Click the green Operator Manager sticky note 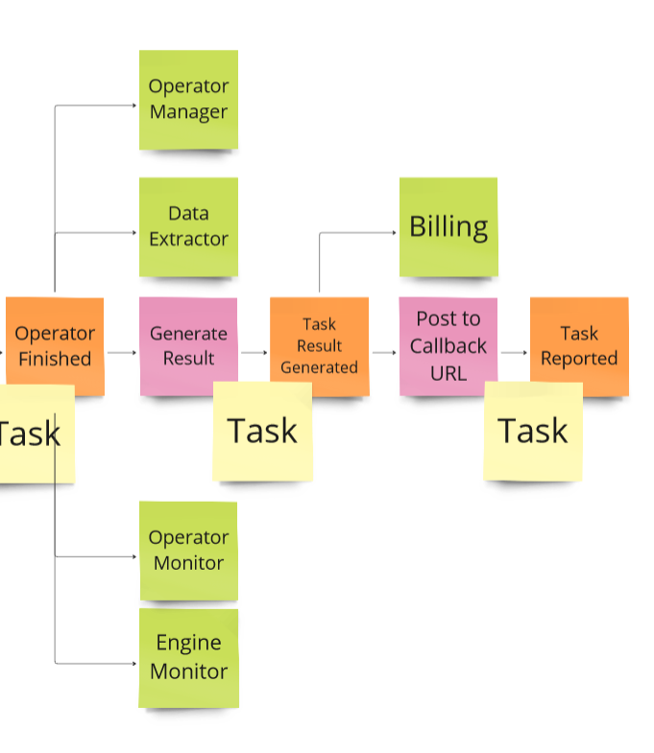188,99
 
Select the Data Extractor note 188,226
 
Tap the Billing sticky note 448,227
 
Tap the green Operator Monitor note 188,550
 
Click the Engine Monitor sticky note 188,657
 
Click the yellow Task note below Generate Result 262,432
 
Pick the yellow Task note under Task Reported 533,432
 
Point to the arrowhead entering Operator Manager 133,106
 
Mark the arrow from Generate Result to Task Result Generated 254,352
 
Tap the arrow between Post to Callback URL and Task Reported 514,352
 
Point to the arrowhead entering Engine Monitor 133,663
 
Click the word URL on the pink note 448,372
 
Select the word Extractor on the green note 188,239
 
